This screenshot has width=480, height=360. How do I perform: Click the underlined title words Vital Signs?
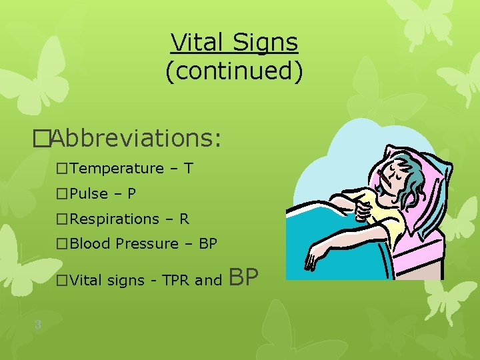coord(234,43)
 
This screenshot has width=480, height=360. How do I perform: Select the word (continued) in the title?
coord(234,71)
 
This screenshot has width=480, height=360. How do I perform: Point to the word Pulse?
coord(89,194)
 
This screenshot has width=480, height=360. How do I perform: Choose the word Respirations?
coord(114,219)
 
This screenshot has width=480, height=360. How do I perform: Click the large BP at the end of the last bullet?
coord(243,277)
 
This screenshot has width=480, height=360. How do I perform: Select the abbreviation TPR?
coord(175,281)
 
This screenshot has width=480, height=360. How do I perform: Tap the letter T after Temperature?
coord(189,169)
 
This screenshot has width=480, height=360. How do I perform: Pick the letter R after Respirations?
coord(184,219)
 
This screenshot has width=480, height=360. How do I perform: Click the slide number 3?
coord(38,325)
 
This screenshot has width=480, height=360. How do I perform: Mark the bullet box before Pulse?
coord(63,194)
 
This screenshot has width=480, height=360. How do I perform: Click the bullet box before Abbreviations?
coord(41,139)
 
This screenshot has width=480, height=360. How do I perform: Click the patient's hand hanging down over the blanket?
coord(313,257)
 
